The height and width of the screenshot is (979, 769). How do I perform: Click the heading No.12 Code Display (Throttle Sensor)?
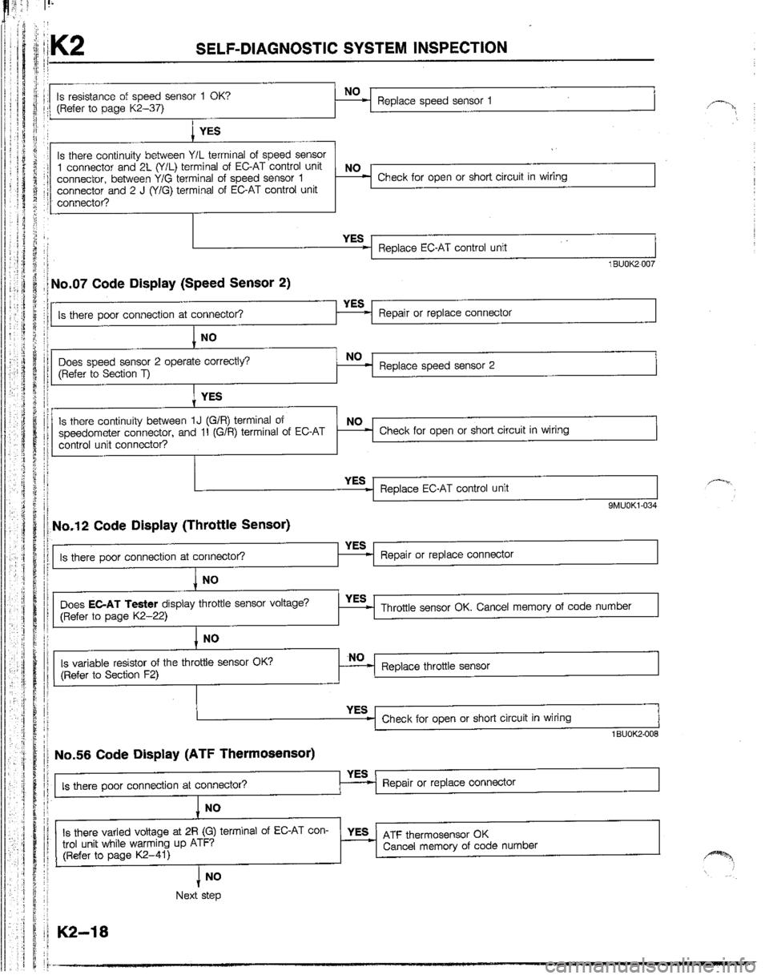[170, 526]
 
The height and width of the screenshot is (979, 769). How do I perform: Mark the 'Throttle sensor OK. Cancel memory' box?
[513, 606]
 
